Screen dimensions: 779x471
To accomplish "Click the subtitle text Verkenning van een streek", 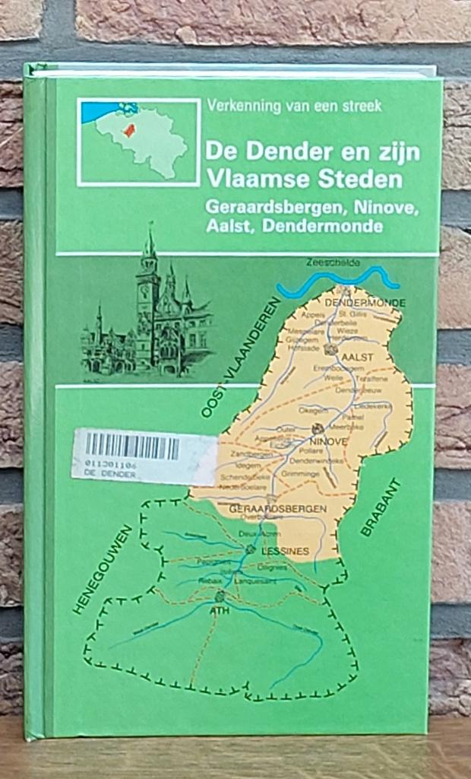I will tap(292, 107).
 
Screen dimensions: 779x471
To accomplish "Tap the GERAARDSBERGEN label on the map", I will tap(277, 508).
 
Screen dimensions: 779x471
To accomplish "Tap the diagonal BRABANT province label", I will tap(380, 507).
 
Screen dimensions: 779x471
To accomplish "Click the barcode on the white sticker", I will tap(133, 447).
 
